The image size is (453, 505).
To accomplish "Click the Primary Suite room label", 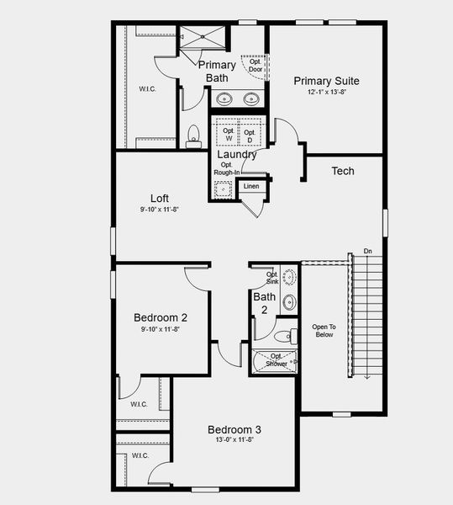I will pos(326,81).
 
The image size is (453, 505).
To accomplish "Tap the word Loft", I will pos(160,199).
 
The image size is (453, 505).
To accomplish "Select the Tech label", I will pos(343,171).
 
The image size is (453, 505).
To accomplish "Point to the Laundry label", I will pos(237,154).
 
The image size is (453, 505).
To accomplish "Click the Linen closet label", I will pos(251,186).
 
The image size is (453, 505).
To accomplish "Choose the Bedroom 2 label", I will pos(161,317).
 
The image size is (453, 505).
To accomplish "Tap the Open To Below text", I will pos(324,330).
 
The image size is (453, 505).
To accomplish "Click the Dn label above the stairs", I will pos(367,251).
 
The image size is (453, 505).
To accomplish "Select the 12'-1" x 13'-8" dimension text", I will pos(326,93).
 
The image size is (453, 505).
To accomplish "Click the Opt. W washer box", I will pos(228,134).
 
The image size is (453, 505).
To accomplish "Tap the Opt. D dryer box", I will pos(250,134).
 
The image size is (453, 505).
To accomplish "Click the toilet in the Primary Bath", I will pos(193,136).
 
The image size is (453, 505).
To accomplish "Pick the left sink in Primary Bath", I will pos(225,99).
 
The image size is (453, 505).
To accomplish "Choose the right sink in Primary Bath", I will pos(251,99).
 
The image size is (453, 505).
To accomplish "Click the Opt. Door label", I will pos(255,65).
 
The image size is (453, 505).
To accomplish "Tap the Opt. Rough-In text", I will pos(226,169).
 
